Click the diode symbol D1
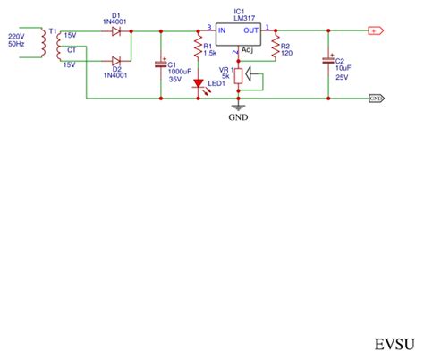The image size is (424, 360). pyautogui.click(x=116, y=31)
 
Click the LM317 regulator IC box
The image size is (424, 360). pyautogui.click(x=236, y=37)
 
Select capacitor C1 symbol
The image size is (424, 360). pyautogui.click(x=161, y=64)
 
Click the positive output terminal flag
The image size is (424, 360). pyautogui.click(x=374, y=31)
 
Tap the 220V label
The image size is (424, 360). pyautogui.click(x=16, y=36)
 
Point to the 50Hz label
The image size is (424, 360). pyautogui.click(x=16, y=44)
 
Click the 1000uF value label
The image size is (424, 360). pyautogui.click(x=179, y=70)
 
